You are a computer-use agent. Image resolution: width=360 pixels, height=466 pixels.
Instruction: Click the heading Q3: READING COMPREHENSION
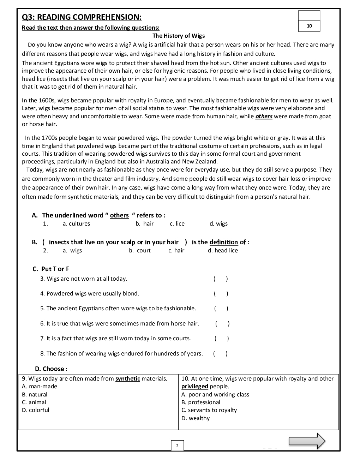(82, 17)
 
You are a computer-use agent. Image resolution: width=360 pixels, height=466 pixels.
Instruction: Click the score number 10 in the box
(309, 26)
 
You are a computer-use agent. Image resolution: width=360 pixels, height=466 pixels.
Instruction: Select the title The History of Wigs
(178, 36)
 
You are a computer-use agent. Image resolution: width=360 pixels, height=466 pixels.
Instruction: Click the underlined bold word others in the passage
(264, 116)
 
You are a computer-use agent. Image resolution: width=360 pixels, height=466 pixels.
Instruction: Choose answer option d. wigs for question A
(218, 223)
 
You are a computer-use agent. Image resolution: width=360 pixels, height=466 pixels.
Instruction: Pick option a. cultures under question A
(76, 223)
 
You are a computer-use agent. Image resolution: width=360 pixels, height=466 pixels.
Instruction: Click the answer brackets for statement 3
(221, 279)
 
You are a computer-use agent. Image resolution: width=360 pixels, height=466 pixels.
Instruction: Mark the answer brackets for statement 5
(221, 309)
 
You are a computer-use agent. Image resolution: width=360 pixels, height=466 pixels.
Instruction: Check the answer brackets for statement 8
(220, 353)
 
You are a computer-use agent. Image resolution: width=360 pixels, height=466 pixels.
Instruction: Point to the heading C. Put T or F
(51, 269)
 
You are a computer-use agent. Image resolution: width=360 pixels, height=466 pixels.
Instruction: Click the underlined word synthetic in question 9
(128, 378)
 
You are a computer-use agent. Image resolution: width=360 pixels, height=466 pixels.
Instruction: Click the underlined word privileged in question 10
(194, 386)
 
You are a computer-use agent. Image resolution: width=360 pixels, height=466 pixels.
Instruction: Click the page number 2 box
(177, 446)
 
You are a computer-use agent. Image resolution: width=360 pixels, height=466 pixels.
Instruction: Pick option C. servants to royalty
(209, 410)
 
